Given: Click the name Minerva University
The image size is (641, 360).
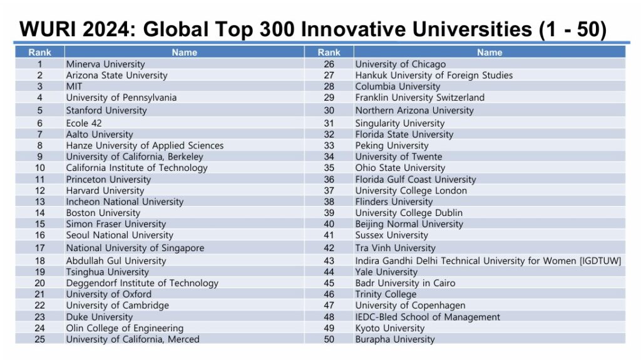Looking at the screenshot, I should click(x=105, y=64).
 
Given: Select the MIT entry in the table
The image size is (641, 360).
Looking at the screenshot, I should click(x=74, y=86).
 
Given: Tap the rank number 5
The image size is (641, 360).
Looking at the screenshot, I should click(x=39, y=110).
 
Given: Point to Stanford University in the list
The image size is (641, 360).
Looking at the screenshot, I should click(x=106, y=110).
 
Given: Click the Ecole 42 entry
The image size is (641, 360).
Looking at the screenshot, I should click(x=84, y=123).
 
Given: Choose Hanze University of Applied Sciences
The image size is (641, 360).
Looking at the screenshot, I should click(x=145, y=145).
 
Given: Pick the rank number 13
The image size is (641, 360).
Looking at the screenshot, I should click(x=39, y=202).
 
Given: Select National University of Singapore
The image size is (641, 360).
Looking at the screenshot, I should click(x=135, y=248).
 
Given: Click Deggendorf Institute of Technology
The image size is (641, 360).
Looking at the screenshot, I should click(x=142, y=283).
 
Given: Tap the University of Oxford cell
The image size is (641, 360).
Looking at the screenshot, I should click(x=109, y=294).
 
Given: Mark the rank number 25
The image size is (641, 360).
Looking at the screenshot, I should click(x=39, y=339).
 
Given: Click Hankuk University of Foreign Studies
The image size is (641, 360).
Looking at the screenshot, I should click(x=434, y=75).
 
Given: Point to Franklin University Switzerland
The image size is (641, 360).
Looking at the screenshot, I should click(x=419, y=98).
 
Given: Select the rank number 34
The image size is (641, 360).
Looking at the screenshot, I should click(x=329, y=157).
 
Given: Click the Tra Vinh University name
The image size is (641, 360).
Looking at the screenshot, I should click(x=395, y=248).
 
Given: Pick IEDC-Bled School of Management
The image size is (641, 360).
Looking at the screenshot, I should click(x=428, y=317).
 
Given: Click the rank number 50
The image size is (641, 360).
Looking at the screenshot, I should click(x=329, y=339).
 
